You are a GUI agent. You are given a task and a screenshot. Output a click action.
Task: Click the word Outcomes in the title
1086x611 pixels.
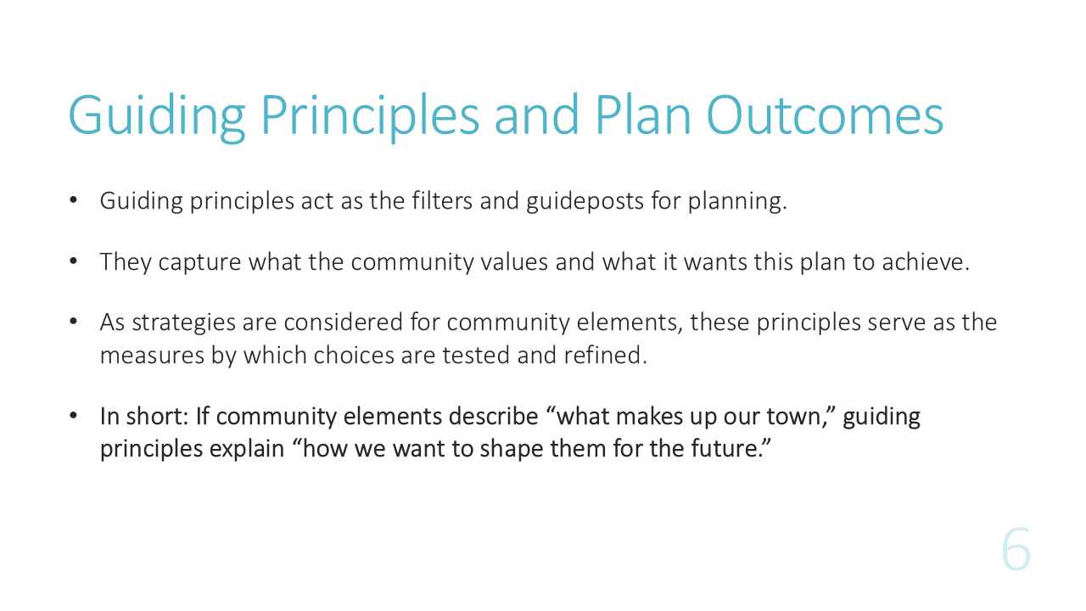[825, 115]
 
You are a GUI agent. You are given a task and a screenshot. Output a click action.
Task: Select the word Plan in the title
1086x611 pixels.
[643, 115]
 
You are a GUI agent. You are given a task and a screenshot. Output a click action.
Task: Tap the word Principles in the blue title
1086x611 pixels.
[370, 117]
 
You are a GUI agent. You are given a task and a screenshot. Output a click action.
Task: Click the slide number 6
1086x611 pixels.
[1016, 549]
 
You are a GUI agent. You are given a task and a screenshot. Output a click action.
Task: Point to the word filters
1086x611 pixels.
[442, 201]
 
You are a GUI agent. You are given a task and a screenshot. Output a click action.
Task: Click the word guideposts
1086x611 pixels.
[585, 202]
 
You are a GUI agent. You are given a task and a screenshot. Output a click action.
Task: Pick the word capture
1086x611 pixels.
[199, 263]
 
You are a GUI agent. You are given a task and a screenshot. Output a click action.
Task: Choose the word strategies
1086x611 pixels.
[184, 323]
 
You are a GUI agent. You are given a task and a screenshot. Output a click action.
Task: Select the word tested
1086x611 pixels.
[476, 355]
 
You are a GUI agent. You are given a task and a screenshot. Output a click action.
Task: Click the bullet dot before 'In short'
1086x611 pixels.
[73, 416]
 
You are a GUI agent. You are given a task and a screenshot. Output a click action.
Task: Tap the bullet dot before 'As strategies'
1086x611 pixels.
[73, 321]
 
